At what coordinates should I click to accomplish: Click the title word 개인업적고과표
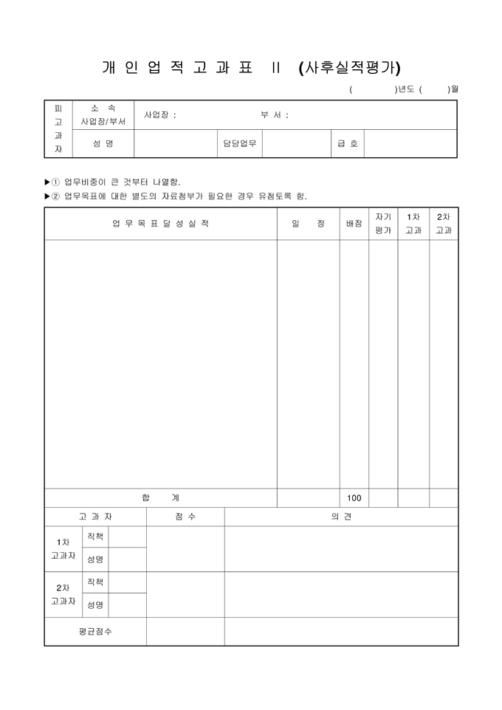click(x=177, y=68)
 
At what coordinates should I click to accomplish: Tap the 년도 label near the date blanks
click(x=405, y=90)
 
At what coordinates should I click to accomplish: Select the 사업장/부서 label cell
click(x=103, y=121)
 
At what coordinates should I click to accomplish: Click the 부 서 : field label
click(x=275, y=115)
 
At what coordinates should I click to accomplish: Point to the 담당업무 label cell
click(x=240, y=143)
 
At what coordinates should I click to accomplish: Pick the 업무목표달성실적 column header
click(x=160, y=224)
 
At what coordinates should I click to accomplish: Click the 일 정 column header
click(x=308, y=224)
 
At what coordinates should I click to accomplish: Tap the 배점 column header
click(x=354, y=224)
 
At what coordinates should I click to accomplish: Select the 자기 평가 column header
click(x=383, y=224)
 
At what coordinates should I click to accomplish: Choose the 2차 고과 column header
click(x=444, y=224)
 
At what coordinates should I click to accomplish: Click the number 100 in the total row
click(x=354, y=498)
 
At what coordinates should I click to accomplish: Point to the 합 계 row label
click(x=160, y=498)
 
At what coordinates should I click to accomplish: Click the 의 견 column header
click(x=341, y=517)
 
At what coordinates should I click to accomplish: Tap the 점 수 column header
click(x=185, y=517)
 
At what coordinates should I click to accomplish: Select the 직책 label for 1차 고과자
click(x=95, y=537)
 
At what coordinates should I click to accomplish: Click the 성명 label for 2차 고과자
click(x=95, y=605)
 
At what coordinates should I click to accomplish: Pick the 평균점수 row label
click(x=95, y=632)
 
